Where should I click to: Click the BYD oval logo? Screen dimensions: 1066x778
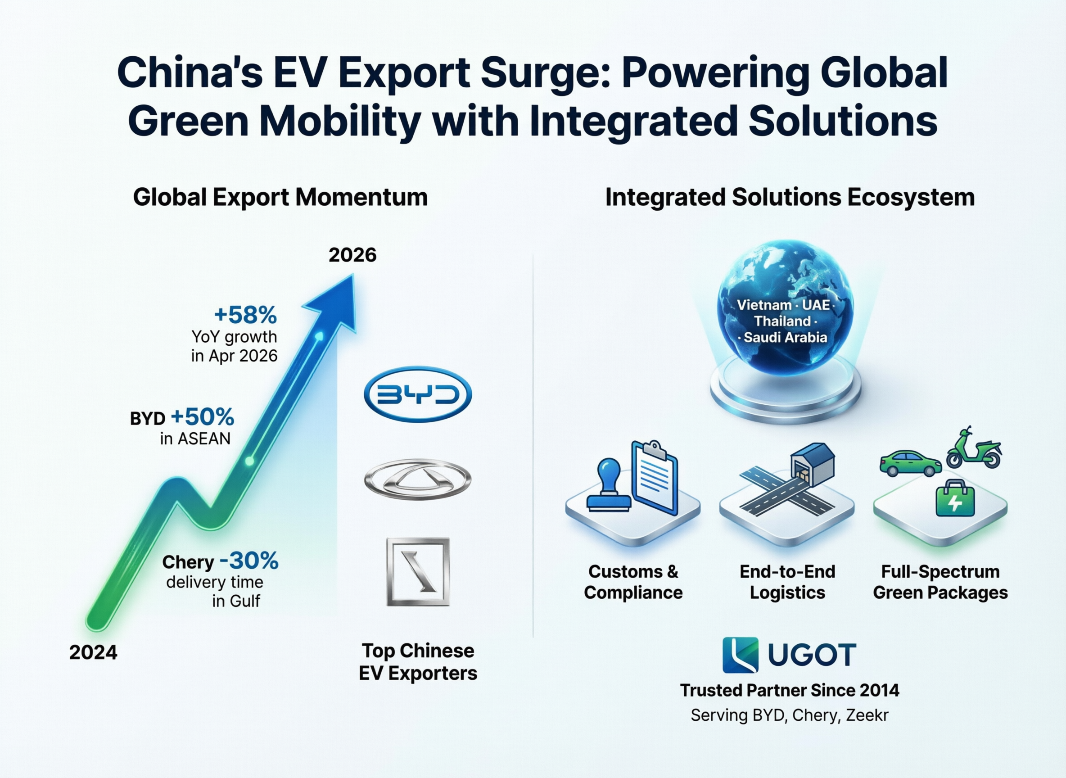tap(418, 394)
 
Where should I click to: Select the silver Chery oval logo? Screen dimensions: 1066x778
tap(418, 479)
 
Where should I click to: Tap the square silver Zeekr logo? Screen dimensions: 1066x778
tap(418, 572)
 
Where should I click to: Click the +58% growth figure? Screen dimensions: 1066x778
tap(245, 315)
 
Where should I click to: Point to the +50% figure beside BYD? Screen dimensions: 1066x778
tap(203, 417)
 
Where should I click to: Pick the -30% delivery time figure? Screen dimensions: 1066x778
tap(249, 561)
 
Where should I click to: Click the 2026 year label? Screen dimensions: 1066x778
tap(352, 255)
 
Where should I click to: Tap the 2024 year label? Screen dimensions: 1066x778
tap(93, 653)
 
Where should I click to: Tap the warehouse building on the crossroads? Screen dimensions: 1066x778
tap(812, 463)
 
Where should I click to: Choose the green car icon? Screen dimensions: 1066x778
tap(911, 463)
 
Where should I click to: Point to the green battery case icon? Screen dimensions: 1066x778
tap(955, 498)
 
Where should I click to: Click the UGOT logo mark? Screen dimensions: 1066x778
tap(740, 655)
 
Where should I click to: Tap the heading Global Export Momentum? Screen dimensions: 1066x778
tap(280, 197)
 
